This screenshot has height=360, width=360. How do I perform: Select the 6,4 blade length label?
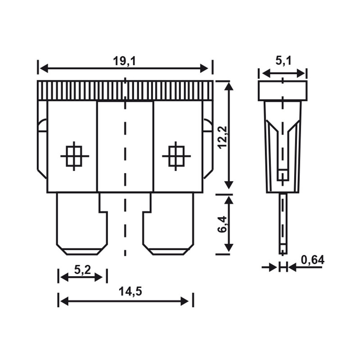222,224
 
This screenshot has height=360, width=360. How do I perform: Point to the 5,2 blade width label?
82,270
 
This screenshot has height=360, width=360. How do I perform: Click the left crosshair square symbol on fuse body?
75,156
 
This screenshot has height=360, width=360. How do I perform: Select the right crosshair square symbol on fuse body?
176,156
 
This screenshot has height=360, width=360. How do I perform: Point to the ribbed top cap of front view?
125,90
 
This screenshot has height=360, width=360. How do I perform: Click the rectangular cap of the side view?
283,90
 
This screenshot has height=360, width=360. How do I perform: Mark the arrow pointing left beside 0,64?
293,267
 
